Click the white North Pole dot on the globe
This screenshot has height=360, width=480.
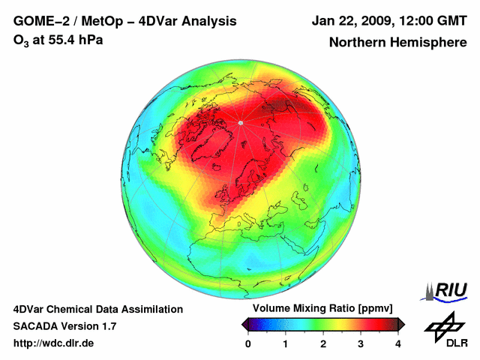(x=240, y=122)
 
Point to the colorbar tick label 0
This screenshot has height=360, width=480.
(x=248, y=343)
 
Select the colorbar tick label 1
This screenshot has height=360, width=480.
(x=286, y=343)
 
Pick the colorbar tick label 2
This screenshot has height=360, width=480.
(x=323, y=343)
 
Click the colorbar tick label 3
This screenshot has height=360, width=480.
(x=361, y=343)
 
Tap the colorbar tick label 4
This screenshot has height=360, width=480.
(x=398, y=343)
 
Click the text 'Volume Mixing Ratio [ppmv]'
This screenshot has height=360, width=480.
(x=322, y=308)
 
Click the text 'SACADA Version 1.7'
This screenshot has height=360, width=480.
(x=64, y=326)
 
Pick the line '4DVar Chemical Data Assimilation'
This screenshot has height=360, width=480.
(x=97, y=309)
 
